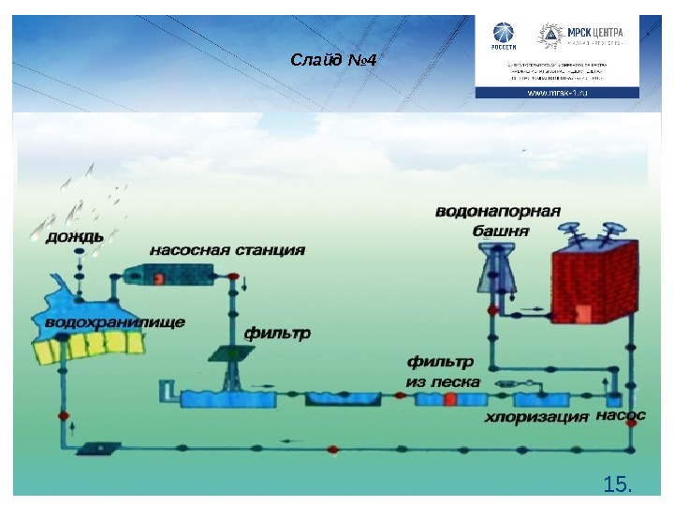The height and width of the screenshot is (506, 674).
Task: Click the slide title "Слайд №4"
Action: [333, 61]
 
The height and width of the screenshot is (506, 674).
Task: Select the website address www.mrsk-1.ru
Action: [558, 94]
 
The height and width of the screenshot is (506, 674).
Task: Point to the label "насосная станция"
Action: [227, 250]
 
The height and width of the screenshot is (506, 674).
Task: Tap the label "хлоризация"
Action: [536, 414]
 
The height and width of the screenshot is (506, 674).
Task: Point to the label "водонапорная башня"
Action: [497, 220]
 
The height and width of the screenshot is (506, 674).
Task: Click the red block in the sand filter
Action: [450, 400]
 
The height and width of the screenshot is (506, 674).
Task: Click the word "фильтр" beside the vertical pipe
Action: [276, 333]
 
